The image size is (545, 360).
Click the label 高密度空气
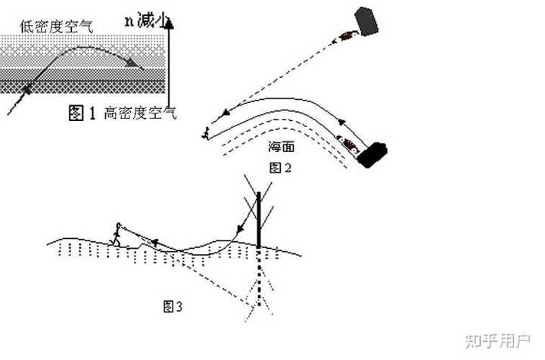pyautogui.click(x=140, y=113)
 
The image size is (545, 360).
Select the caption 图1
pyautogui.click(x=82, y=113)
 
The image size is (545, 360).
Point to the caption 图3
pyautogui.click(x=174, y=306)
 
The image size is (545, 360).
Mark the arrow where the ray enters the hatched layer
pyautogui.click(x=28, y=90)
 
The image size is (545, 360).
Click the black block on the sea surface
pyautogui.click(x=372, y=154)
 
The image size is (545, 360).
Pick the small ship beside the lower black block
pyautogui.click(x=349, y=144)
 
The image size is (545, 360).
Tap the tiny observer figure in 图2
pyautogui.click(x=205, y=135)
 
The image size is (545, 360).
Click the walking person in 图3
pyautogui.click(x=117, y=234)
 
